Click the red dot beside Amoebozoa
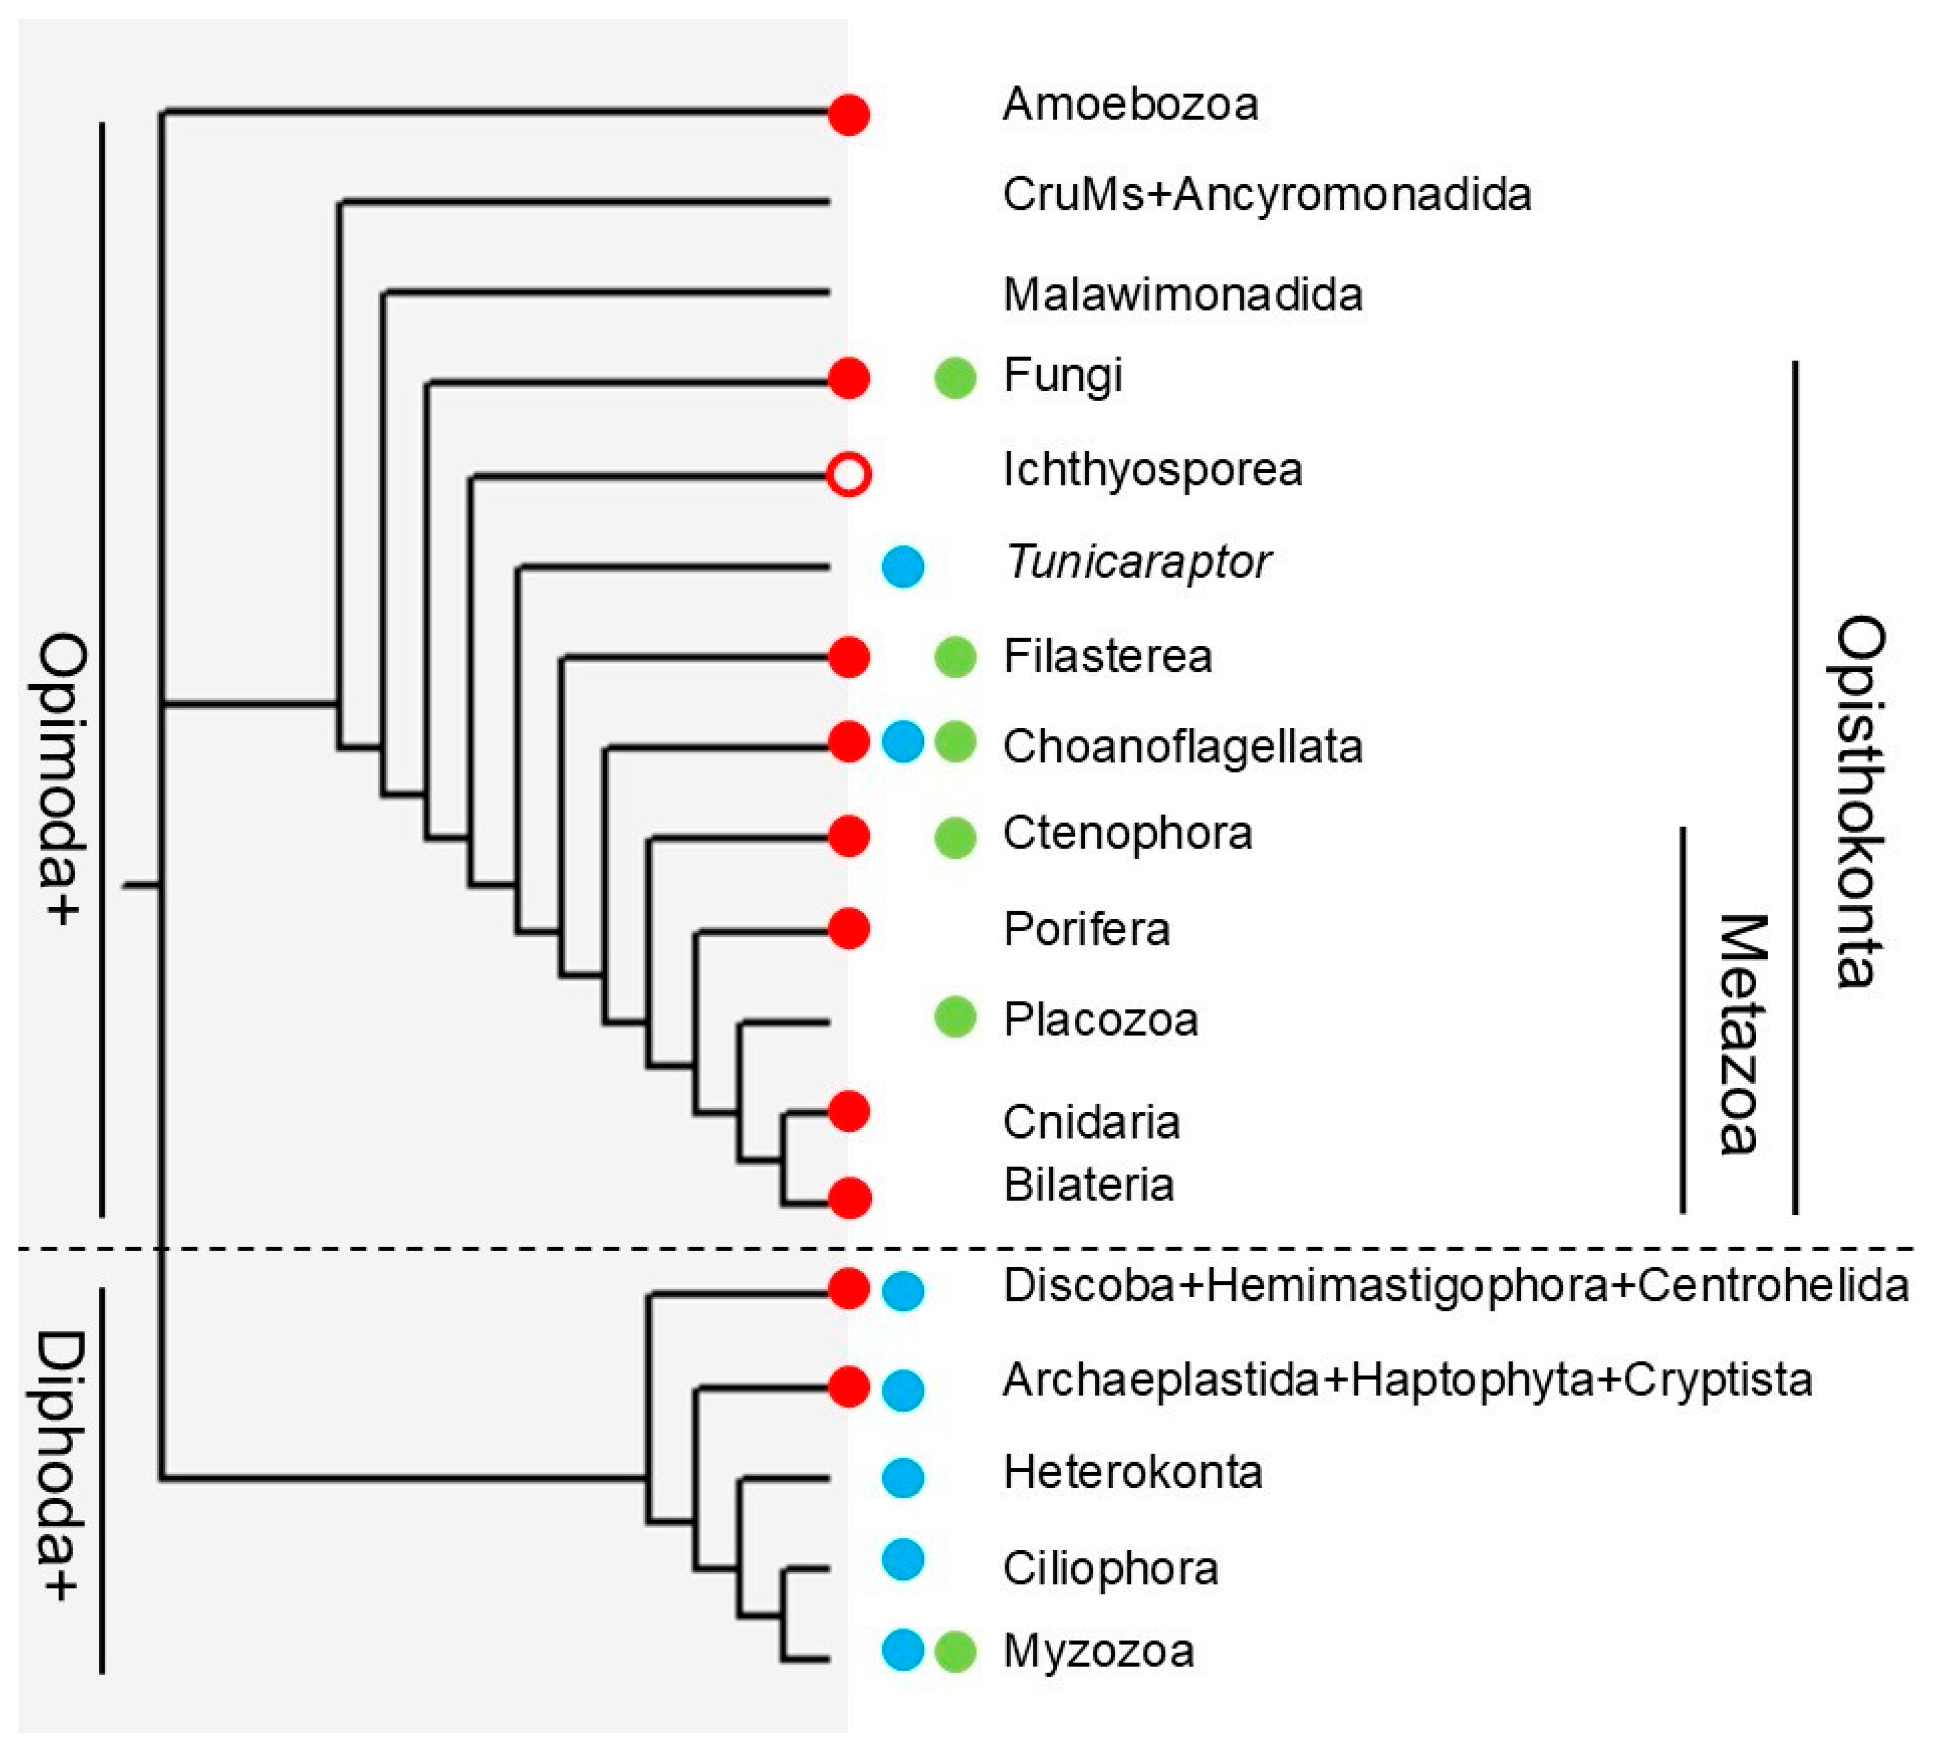[x=848, y=114]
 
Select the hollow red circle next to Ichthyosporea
[x=848, y=474]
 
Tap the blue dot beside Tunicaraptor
[x=902, y=566]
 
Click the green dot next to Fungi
[x=955, y=377]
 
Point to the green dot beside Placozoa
[x=955, y=1017]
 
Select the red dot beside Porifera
[x=848, y=928]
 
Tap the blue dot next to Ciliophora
[x=902, y=1559]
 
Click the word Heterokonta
[x=1132, y=1472]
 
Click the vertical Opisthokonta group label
[x=1860, y=801]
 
